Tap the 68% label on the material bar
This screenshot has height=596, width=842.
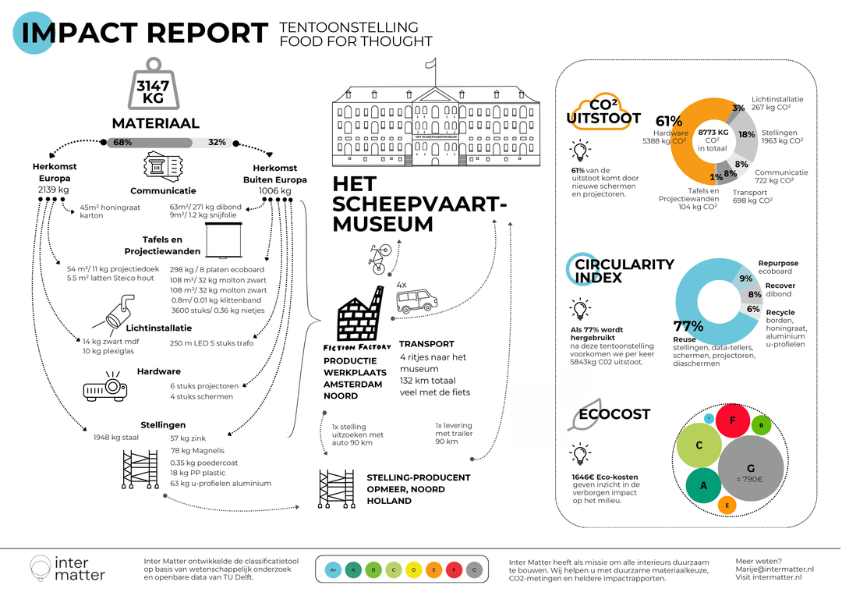pos(122,143)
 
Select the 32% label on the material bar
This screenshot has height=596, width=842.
pos(217,143)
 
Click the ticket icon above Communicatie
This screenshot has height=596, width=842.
pos(162,167)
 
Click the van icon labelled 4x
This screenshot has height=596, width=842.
pos(416,300)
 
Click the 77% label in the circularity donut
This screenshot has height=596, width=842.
pos(688,326)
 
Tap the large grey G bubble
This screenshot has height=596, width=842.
pos(751,467)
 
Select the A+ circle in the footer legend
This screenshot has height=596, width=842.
pos(333,570)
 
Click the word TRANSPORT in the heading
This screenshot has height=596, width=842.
pos(426,343)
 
